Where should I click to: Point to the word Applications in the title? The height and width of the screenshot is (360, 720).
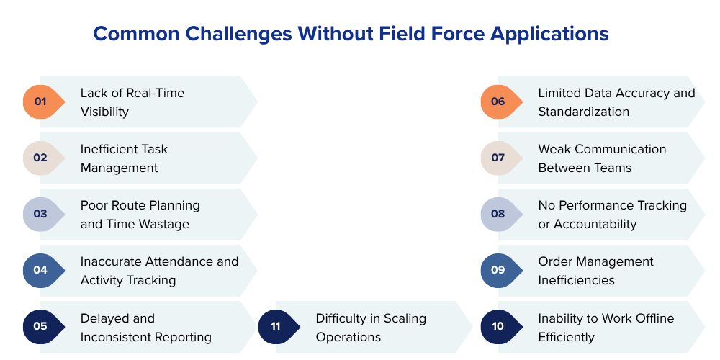(548, 34)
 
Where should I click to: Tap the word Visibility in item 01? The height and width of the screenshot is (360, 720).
(104, 112)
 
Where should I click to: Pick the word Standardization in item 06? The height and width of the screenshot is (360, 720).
(583, 112)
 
